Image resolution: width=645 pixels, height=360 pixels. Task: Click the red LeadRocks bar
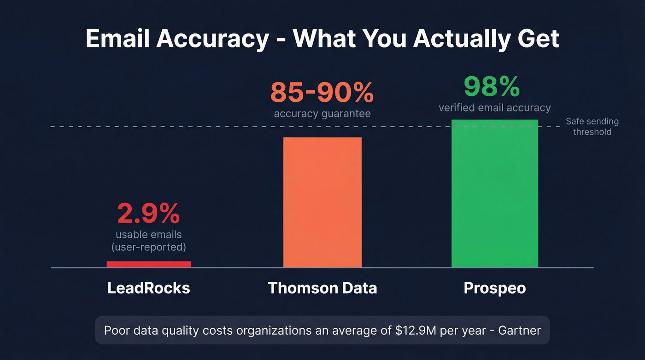[x=148, y=264]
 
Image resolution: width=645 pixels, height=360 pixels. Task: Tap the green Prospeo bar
[x=494, y=194]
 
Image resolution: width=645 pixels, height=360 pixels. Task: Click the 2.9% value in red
[x=148, y=213]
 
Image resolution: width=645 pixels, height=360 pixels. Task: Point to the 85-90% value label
[x=322, y=93]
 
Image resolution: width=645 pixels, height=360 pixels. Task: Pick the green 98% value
[x=492, y=87]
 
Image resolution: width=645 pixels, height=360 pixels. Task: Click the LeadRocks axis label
[x=148, y=288]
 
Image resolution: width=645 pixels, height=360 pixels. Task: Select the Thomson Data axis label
[x=322, y=288]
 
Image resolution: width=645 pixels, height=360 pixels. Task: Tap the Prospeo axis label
[x=494, y=288]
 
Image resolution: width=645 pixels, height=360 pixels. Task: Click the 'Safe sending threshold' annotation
[x=592, y=127]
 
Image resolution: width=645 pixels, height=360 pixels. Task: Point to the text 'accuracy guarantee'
[x=322, y=113]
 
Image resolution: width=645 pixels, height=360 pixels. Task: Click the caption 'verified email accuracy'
[x=494, y=108]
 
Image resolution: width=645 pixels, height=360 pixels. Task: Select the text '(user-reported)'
[x=148, y=247]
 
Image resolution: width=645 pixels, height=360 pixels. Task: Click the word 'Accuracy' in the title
[x=212, y=39]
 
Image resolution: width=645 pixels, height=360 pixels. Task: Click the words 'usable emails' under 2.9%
[x=148, y=235]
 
